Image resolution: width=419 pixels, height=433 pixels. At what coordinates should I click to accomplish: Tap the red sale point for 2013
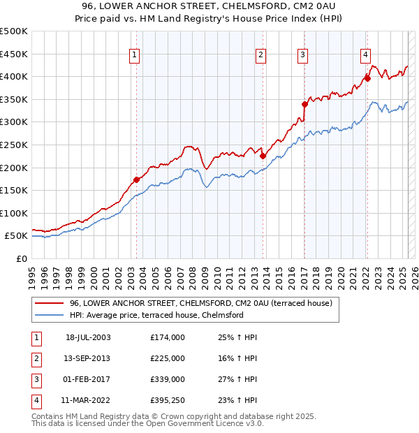(263, 156)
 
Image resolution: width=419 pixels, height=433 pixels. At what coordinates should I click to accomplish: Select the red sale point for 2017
(304, 105)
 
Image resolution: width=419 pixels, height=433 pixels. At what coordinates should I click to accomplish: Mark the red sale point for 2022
(367, 79)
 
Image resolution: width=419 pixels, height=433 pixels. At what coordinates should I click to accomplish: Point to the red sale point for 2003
(136, 179)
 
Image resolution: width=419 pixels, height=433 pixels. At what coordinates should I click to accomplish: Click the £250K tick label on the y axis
(14, 145)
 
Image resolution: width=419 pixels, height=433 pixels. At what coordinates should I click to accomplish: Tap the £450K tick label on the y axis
(14, 54)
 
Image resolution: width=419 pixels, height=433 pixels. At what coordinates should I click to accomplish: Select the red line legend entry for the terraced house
(196, 303)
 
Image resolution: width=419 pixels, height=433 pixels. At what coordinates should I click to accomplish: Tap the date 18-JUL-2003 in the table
(88, 337)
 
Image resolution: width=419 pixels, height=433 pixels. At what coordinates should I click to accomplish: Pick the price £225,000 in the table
(167, 358)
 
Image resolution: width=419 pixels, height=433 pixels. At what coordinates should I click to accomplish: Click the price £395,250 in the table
(167, 400)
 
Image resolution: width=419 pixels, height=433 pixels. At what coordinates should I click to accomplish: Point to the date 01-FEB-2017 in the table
(88, 379)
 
